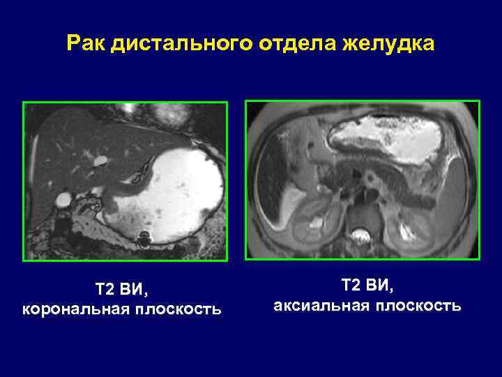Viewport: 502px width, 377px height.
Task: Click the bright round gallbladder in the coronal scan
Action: pyautogui.click(x=63, y=200)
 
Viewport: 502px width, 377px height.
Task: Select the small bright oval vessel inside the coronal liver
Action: pyautogui.click(x=100, y=161)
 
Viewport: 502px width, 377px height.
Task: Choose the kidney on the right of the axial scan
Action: pyautogui.click(x=413, y=227)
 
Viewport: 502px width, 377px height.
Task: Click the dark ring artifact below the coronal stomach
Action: pyautogui.click(x=145, y=240)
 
